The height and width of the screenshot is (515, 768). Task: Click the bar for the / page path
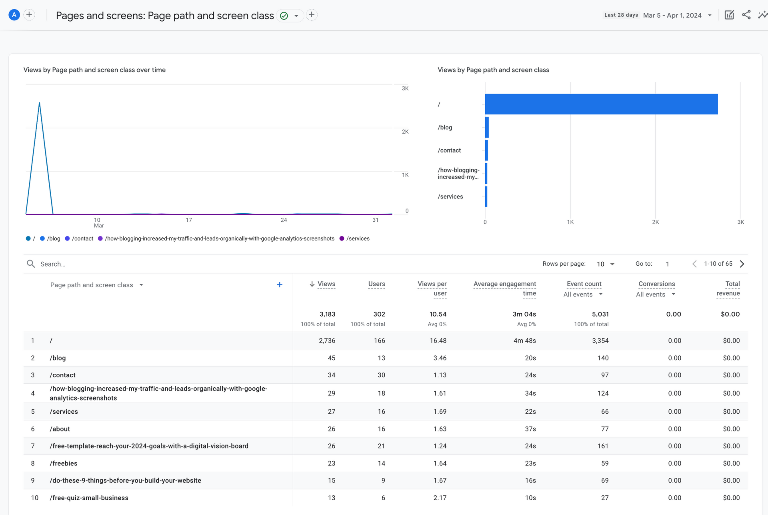[x=601, y=104]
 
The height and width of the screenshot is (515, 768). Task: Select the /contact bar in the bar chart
[x=486, y=150]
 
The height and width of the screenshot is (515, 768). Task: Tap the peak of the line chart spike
[x=39, y=103]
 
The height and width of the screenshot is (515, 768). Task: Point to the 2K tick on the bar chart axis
[x=655, y=222]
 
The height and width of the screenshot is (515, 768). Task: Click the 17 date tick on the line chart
[x=189, y=220]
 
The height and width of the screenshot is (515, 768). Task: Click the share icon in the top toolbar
[x=746, y=15]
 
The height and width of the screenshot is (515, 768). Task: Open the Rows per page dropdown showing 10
[x=605, y=264]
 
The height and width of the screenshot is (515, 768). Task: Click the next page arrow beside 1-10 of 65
[x=742, y=264]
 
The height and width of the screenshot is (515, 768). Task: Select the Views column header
[x=326, y=284]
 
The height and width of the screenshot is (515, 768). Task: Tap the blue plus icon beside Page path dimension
[x=280, y=285]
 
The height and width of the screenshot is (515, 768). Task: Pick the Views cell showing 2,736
[x=327, y=341]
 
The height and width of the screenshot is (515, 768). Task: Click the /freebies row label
[x=64, y=463]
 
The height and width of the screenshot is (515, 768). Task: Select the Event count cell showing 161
[x=602, y=446]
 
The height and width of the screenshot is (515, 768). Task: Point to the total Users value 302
[x=379, y=315]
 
